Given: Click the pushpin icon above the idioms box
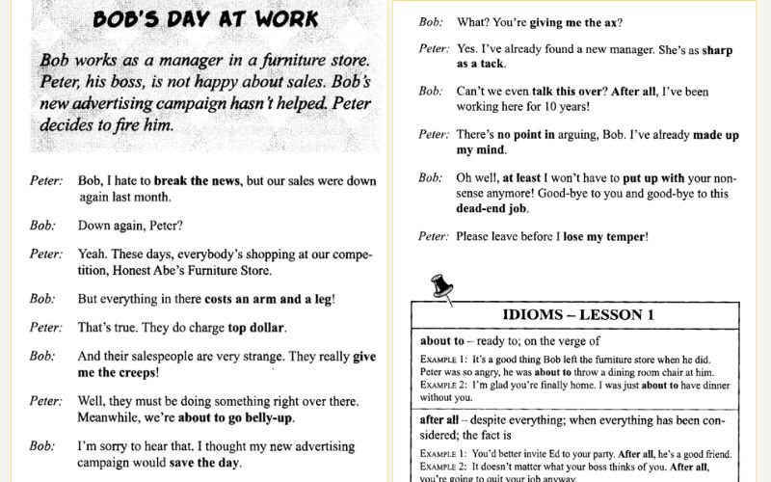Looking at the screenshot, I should coord(441,286).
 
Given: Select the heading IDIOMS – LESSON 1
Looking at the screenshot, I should coord(578,315).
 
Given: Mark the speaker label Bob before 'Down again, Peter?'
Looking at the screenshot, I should coord(41,225).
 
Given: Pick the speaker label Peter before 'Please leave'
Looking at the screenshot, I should coord(434,236).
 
